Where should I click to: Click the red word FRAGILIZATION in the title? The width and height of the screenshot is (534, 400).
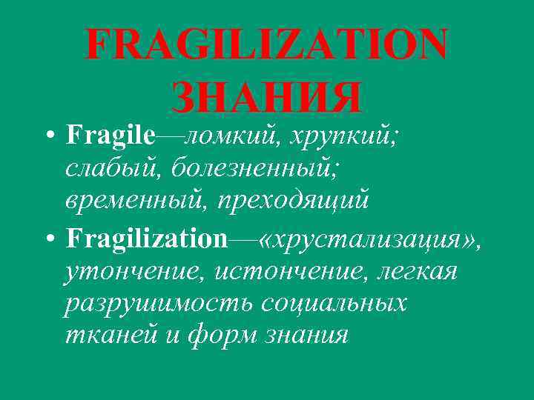coord(267,46)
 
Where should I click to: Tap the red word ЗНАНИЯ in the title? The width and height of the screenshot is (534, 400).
coord(267,97)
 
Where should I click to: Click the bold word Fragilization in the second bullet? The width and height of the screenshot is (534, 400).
coord(146,239)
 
